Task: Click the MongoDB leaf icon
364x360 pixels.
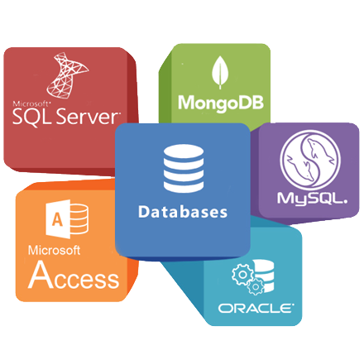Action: [x=220, y=72]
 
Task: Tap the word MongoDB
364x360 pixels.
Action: [x=221, y=103]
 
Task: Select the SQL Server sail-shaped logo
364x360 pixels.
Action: [x=67, y=75]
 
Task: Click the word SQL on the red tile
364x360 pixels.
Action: [x=32, y=117]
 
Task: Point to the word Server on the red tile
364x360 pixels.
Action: [x=89, y=117]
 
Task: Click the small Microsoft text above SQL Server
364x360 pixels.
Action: [x=31, y=103]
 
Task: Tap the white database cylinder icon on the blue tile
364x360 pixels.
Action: [x=184, y=168]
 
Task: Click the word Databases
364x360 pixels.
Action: [x=183, y=212]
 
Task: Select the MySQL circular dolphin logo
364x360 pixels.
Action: [x=310, y=160]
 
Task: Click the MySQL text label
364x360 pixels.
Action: [x=312, y=199]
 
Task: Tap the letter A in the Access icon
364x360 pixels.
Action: [x=57, y=219]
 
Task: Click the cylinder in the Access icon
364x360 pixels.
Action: [x=79, y=219]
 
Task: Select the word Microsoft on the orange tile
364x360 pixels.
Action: [x=54, y=250]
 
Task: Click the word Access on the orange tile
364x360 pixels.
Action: [x=74, y=276]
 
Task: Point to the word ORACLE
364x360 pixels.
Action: [x=256, y=308]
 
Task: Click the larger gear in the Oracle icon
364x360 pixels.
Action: [x=242, y=275]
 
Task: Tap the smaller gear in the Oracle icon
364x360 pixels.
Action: [x=256, y=287]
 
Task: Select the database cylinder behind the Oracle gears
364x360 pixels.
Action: [x=264, y=276]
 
